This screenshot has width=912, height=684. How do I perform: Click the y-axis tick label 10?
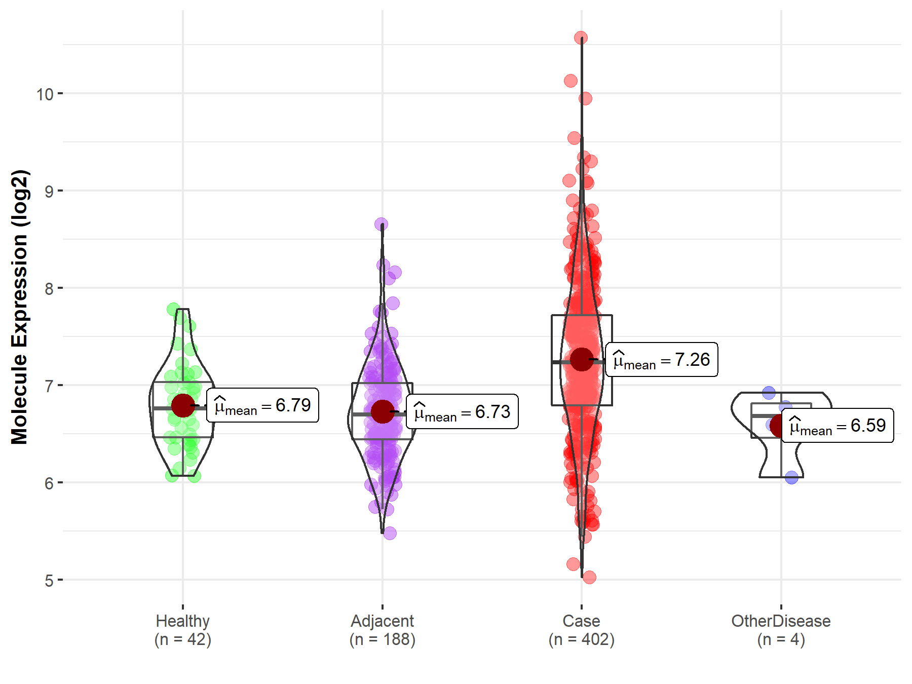click(45, 94)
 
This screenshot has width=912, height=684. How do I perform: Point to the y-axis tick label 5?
click(49, 581)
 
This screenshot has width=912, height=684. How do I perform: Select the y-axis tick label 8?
click(49, 289)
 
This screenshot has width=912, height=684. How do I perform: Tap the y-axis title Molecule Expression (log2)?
click(19, 307)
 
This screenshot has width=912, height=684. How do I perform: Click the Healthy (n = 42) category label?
click(182, 630)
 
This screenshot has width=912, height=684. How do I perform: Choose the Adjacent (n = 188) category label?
click(382, 630)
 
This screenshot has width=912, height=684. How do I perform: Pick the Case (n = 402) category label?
click(581, 630)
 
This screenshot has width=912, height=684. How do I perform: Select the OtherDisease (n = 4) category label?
click(781, 630)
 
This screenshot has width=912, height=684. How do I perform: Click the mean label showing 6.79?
click(262, 405)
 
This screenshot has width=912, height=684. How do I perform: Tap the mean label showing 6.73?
click(462, 412)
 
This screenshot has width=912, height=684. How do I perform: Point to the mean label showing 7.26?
click(662, 360)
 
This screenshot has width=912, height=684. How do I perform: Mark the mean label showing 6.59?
click(838, 426)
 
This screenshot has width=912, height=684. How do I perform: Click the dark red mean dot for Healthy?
click(182, 405)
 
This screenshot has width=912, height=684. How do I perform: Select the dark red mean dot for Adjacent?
click(382, 411)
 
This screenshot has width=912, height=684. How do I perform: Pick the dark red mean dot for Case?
click(582, 359)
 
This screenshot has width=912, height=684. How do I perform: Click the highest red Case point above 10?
click(581, 38)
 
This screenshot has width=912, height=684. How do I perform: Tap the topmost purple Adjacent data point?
click(382, 224)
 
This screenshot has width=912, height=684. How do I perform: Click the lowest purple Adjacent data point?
click(390, 533)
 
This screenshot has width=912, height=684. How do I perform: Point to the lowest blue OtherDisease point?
click(792, 477)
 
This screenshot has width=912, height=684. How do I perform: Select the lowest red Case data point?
click(589, 577)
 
